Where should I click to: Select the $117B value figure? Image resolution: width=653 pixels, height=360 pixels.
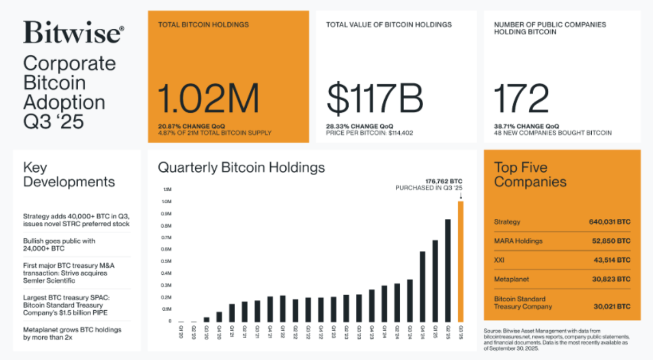pyautogui.click(x=375, y=99)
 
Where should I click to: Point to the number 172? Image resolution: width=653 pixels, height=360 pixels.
pyautogui.click(x=522, y=99)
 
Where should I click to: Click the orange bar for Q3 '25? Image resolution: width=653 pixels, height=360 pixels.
pyautogui.click(x=461, y=262)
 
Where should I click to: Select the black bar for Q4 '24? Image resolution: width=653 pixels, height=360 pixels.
pyautogui.click(x=422, y=287)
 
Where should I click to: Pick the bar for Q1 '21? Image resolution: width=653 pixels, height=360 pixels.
pyautogui.click(x=232, y=313)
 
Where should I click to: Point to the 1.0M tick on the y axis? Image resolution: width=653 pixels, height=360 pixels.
pyautogui.click(x=168, y=202)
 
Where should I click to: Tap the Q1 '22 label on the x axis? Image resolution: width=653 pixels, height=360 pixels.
pyautogui.click(x=283, y=329)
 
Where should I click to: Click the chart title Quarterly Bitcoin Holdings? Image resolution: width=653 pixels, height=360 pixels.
pyautogui.click(x=241, y=168)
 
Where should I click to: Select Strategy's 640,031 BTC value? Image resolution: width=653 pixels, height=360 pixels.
pyautogui.click(x=610, y=222)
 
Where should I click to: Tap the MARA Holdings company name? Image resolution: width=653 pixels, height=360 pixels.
pyautogui.click(x=518, y=241)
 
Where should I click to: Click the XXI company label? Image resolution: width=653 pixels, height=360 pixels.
pyautogui.click(x=500, y=260)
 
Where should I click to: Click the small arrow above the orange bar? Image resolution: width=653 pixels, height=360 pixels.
pyautogui.click(x=461, y=195)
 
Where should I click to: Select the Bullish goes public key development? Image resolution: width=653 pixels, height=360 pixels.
pyautogui.click(x=59, y=245)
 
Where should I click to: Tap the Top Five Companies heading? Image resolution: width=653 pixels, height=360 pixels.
pyautogui.click(x=530, y=175)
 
